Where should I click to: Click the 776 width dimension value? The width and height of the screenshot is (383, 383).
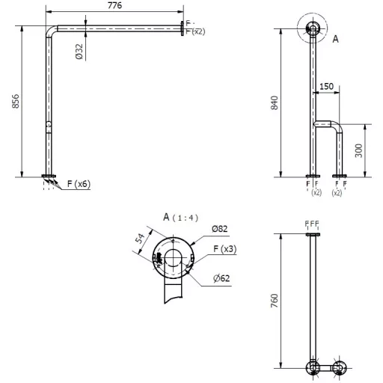(x=114, y=5)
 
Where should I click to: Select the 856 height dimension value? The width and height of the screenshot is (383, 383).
(x=16, y=101)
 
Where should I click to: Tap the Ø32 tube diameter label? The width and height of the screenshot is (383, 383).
(x=79, y=52)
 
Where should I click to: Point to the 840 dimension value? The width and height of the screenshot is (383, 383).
(x=275, y=102)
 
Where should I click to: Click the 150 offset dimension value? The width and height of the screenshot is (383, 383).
(x=326, y=86)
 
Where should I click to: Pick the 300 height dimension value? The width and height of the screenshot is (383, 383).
(x=358, y=150)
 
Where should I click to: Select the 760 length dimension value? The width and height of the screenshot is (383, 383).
(x=275, y=301)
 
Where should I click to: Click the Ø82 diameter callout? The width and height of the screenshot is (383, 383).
(x=220, y=229)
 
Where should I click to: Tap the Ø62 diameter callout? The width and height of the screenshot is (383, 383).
(x=221, y=278)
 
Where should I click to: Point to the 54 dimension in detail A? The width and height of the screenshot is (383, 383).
(x=140, y=239)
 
